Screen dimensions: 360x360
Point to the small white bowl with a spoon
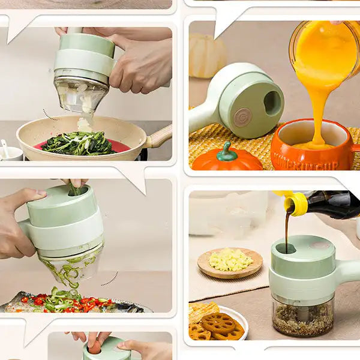pos(10,153)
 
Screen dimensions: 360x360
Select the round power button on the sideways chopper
pos(242,116)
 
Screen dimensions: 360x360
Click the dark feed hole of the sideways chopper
pos(273,103)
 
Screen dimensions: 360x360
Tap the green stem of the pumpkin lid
pos(226,151)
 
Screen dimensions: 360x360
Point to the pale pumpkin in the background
pos(208,55)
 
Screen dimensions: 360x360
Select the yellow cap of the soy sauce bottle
pos(296,203)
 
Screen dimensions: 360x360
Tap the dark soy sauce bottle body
pos(334,204)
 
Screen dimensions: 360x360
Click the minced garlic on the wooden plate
pos(230,260)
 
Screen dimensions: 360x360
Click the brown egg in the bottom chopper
pos(95,347)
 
